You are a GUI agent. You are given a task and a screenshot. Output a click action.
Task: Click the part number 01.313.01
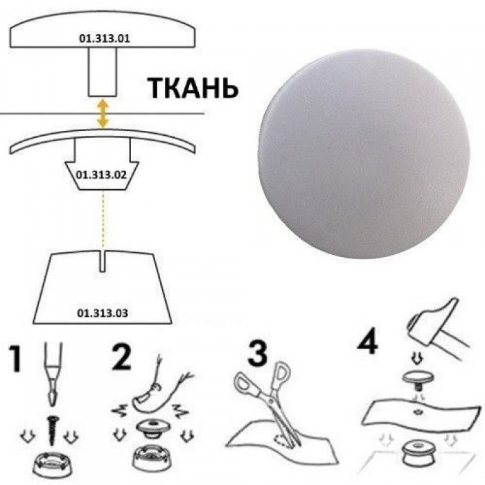104,39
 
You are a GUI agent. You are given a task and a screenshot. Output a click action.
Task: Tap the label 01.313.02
101,175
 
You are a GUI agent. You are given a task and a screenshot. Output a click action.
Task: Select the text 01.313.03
103,313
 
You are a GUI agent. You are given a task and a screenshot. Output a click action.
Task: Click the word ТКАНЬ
193,88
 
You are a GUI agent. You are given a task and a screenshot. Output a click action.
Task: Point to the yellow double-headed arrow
103,114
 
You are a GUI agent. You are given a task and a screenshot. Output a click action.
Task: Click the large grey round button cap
364,153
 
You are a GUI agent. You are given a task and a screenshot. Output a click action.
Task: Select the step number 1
15,358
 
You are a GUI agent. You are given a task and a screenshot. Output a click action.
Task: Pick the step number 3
257,353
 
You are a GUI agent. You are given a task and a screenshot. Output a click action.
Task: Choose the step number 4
368,341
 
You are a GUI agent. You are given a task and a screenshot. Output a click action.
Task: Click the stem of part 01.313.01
103,72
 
